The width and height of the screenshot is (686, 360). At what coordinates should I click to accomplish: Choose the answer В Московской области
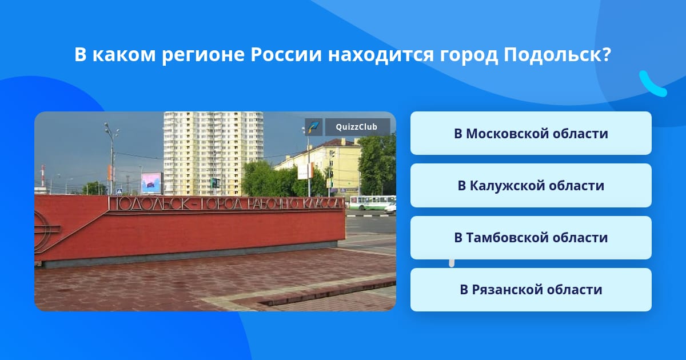click(531, 133)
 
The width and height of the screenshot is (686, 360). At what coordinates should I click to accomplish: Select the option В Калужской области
click(531, 185)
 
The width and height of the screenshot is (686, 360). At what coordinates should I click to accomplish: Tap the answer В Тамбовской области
click(531, 238)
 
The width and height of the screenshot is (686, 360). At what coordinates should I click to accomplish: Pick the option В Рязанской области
click(531, 290)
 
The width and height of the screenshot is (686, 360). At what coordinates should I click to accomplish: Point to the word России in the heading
click(286, 54)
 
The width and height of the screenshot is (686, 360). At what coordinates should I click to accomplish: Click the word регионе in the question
click(204, 55)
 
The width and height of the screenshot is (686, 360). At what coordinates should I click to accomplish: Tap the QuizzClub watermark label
click(357, 127)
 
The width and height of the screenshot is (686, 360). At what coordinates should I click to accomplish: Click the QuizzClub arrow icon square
click(314, 127)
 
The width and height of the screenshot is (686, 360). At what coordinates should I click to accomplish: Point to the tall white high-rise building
click(213, 154)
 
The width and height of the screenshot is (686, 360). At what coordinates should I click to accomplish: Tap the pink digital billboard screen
click(151, 183)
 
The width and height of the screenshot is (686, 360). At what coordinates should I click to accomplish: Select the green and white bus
click(372, 203)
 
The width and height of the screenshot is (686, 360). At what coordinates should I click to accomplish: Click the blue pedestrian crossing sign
click(119, 191)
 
